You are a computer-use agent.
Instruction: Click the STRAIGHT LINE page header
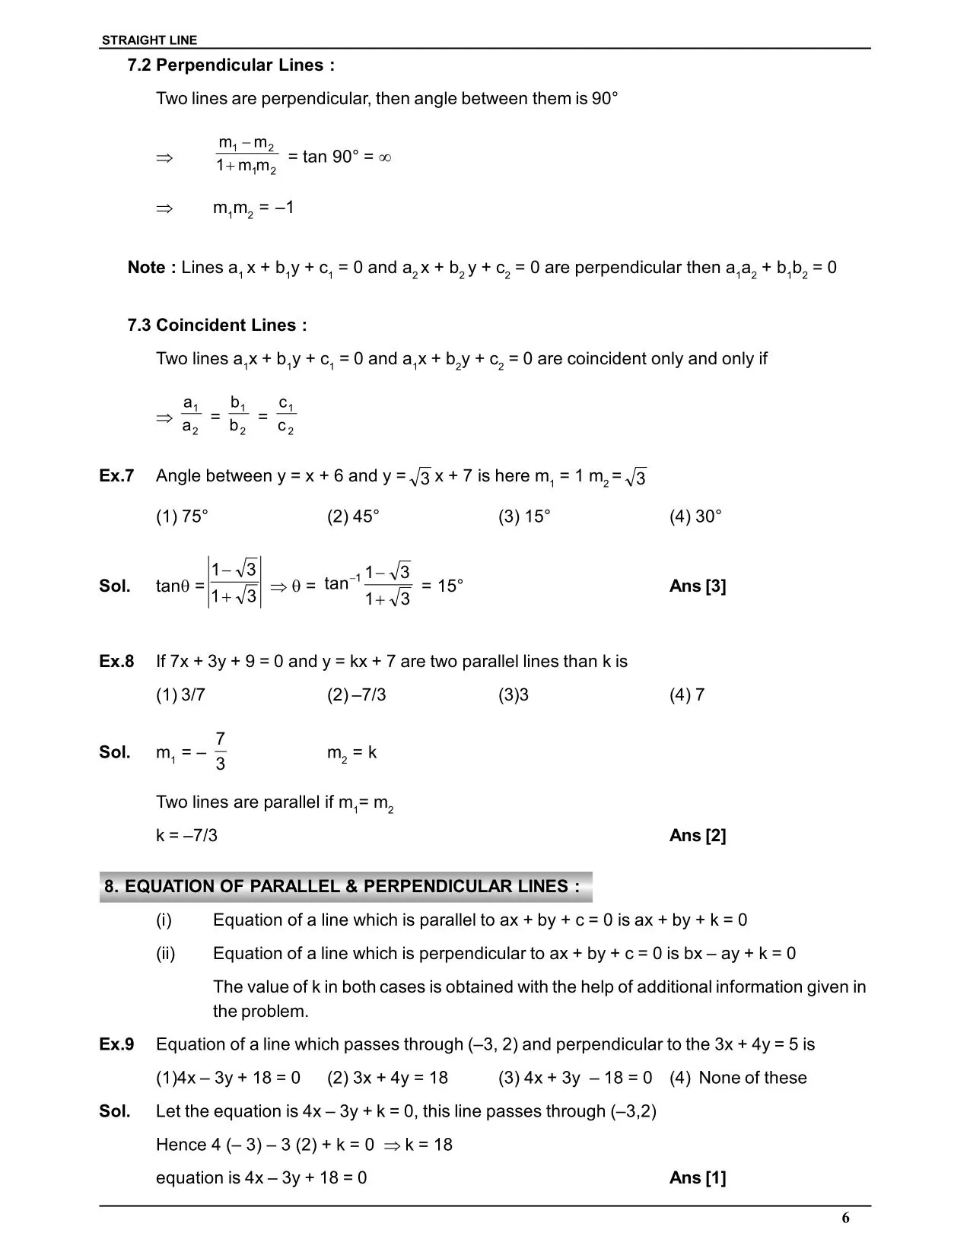pyautogui.click(x=149, y=40)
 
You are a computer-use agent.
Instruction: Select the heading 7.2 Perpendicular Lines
pyautogui.click(x=231, y=65)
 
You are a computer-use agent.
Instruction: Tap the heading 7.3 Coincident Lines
pyautogui.click(x=217, y=326)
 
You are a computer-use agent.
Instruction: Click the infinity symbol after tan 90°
pyautogui.click(x=385, y=157)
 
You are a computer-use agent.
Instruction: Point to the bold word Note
pyautogui.click(x=147, y=268)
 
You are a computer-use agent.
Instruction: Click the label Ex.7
pyautogui.click(x=116, y=476)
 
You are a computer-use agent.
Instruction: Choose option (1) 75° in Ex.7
pyautogui.click(x=182, y=516)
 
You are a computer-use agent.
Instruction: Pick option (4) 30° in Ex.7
pyautogui.click(x=695, y=516)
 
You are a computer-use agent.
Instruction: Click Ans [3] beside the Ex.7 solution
pyautogui.click(x=698, y=586)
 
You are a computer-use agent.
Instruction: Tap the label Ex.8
pyautogui.click(x=116, y=662)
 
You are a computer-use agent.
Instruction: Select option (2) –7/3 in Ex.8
pyautogui.click(x=356, y=695)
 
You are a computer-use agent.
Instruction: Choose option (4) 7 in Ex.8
pyautogui.click(x=687, y=695)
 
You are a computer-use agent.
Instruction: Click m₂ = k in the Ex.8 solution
pyautogui.click(x=351, y=753)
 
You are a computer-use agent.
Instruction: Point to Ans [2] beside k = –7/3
pyautogui.click(x=698, y=836)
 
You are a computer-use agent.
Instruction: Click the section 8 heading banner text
pyautogui.click(x=342, y=887)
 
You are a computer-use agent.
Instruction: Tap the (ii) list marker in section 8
pyautogui.click(x=165, y=954)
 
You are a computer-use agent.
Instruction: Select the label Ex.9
pyautogui.click(x=116, y=1044)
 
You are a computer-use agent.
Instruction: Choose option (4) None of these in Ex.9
pyautogui.click(x=738, y=1078)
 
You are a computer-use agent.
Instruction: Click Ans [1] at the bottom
pyautogui.click(x=698, y=1178)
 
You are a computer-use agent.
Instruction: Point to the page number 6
pyautogui.click(x=845, y=1218)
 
